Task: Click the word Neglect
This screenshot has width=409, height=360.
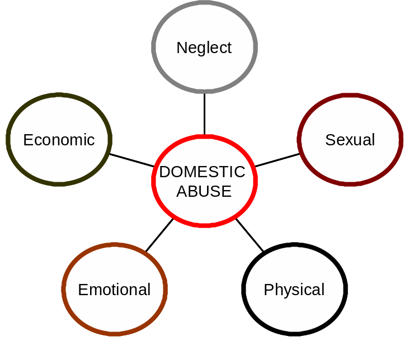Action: (x=204, y=48)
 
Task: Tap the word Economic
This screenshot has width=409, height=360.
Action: (x=59, y=140)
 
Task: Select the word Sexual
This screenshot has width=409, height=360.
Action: (x=350, y=140)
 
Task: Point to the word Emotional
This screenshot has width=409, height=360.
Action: (x=114, y=290)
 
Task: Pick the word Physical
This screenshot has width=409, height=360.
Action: (x=294, y=290)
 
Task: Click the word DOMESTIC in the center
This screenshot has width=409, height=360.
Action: (x=202, y=172)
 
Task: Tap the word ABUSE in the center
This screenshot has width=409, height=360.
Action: (x=204, y=191)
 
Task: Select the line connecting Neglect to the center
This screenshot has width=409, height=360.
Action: (x=204, y=114)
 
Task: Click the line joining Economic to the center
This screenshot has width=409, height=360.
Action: (x=131, y=160)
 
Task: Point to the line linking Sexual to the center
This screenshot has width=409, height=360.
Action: (x=277, y=160)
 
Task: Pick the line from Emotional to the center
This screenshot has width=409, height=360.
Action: (x=159, y=235)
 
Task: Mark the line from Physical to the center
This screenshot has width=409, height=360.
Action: (x=250, y=235)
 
